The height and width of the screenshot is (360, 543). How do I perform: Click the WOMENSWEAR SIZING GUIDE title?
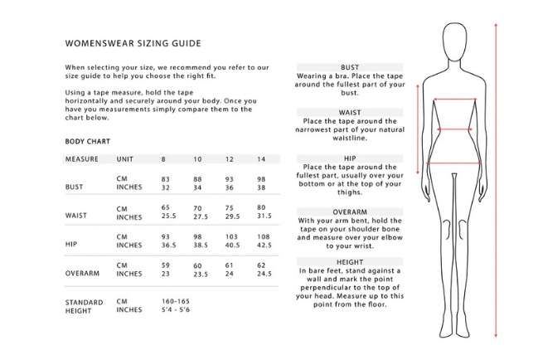click(x=132, y=42)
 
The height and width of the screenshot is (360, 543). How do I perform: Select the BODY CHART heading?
click(x=87, y=142)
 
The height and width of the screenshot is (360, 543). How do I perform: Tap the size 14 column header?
click(x=262, y=158)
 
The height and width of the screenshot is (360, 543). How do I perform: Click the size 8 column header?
click(x=163, y=158)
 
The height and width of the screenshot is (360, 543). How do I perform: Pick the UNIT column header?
click(x=125, y=158)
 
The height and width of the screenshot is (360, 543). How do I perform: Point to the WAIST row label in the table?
click(x=76, y=215)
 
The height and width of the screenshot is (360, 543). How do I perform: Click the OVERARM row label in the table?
click(x=83, y=272)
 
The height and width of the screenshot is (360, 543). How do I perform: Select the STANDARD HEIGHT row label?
click(x=84, y=307)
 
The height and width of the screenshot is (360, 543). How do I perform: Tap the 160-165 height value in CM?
click(x=176, y=301)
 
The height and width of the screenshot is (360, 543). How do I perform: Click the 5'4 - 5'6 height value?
click(x=175, y=310)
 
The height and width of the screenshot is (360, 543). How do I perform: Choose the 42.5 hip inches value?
click(x=264, y=246)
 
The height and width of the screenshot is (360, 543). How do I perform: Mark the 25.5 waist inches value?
click(x=170, y=216)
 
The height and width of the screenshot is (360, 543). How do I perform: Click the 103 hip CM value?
click(x=231, y=236)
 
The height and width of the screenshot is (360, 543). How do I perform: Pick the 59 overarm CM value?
click(x=165, y=266)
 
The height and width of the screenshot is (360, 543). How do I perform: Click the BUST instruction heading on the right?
click(x=349, y=67)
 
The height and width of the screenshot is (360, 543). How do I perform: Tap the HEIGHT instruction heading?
click(x=349, y=262)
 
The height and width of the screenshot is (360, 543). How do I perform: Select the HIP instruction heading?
click(x=349, y=156)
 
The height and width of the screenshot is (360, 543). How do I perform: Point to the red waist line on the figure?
click(x=454, y=129)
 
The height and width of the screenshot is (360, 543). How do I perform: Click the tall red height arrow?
click(x=495, y=178)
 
